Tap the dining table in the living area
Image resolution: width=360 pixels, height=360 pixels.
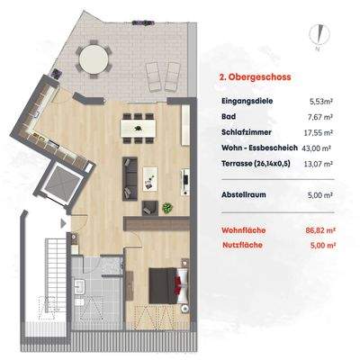(x=143, y=130)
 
